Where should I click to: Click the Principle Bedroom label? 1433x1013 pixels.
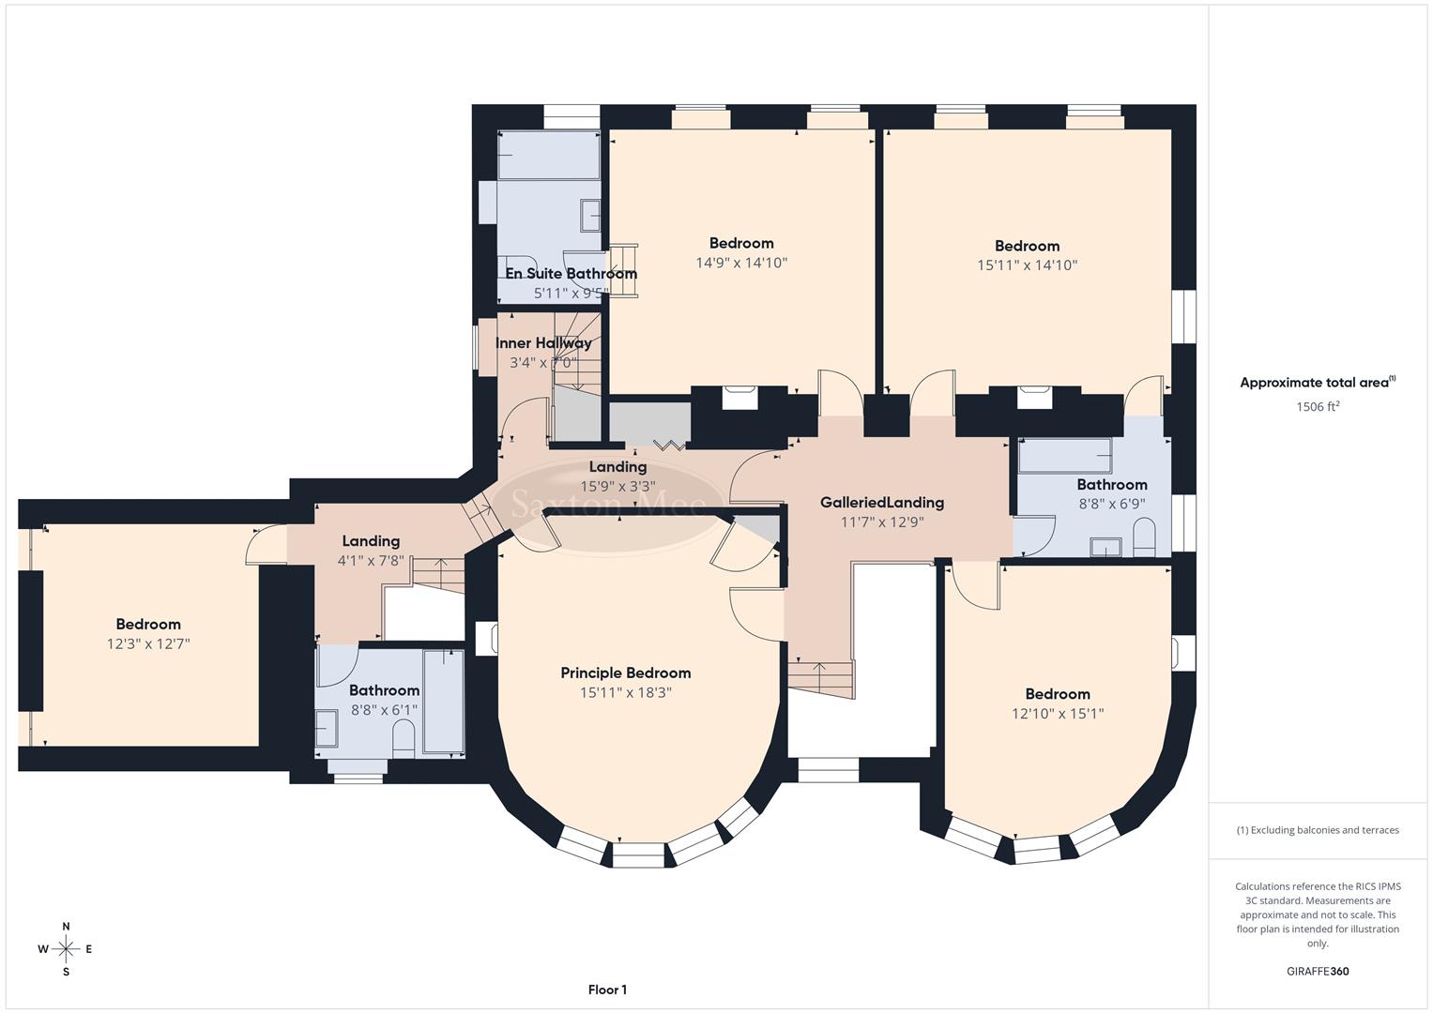click(625, 673)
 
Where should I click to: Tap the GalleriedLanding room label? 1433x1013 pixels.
click(881, 503)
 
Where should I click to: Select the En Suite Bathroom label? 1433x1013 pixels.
click(571, 274)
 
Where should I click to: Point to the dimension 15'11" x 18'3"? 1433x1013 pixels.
click(625, 693)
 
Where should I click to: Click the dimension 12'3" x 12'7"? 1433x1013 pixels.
click(148, 644)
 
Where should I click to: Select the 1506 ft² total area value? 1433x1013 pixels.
click(1317, 407)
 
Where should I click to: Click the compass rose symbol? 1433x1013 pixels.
click(66, 949)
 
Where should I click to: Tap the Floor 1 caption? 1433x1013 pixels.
click(607, 990)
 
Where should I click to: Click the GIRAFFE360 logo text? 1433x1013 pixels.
click(1318, 971)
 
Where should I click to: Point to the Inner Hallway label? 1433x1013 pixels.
click(543, 343)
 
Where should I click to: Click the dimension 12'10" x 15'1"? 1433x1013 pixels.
click(1057, 714)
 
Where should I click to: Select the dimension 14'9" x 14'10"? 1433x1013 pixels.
click(740, 264)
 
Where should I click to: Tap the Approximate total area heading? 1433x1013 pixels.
click(1317, 383)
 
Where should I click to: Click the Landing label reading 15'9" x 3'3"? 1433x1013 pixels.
click(617, 467)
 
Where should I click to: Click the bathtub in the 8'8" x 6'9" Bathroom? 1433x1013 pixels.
click(1065, 456)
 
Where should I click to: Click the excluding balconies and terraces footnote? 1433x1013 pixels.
click(1317, 830)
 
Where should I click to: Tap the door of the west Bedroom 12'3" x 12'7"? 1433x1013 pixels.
click(267, 546)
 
